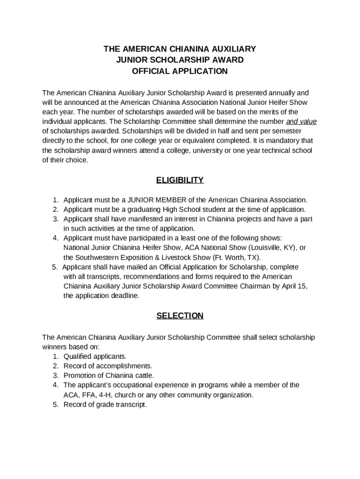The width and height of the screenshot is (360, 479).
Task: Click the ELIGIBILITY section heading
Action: pos(180,180)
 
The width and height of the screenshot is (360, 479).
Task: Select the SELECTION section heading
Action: pos(180,316)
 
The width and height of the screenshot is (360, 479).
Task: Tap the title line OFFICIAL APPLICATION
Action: pos(180,72)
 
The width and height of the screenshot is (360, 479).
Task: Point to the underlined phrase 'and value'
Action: pos(301,122)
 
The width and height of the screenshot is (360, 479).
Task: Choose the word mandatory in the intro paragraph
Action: pos(283,141)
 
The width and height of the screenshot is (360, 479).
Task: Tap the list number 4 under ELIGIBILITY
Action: pos(55,238)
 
